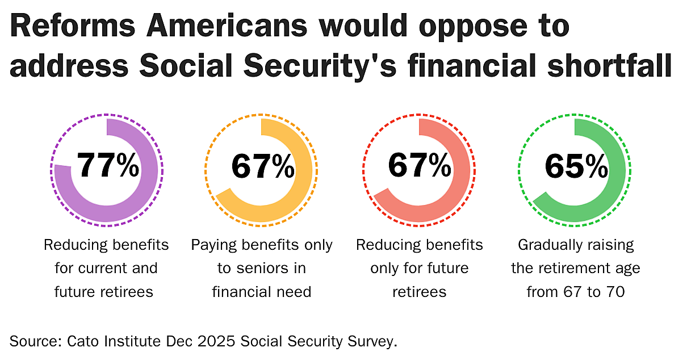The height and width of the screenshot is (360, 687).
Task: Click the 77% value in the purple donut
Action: click(107, 165)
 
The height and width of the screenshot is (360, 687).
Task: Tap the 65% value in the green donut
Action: click(576, 166)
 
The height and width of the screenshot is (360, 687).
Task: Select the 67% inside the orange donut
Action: click(262, 166)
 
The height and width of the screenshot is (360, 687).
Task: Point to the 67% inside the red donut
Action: click(419, 165)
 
